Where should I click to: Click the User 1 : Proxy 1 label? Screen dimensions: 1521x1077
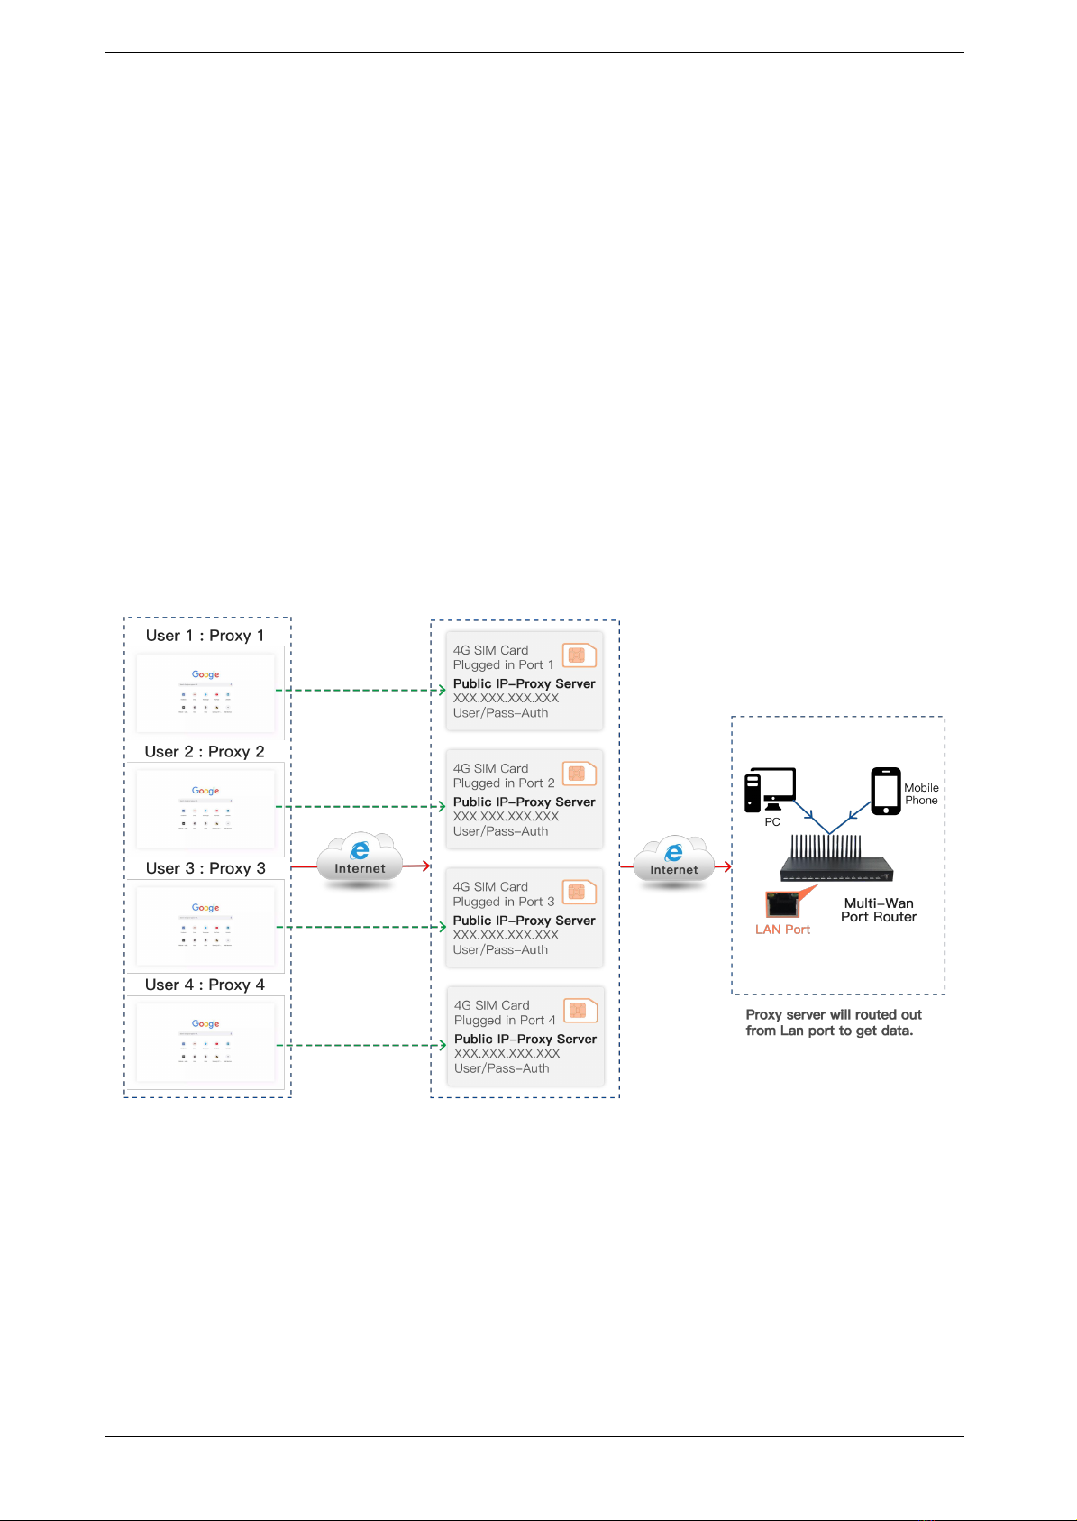(205, 636)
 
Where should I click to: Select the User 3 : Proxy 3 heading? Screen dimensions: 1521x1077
(205, 868)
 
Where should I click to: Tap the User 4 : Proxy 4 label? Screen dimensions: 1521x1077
(205, 985)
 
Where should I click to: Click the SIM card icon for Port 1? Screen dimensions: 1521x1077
(579, 655)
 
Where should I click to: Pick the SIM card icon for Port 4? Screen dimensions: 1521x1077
(580, 1011)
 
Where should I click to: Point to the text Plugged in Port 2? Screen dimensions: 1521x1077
(504, 783)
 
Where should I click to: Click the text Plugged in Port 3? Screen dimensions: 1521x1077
(504, 902)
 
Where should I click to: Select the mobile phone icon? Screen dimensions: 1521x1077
(886, 791)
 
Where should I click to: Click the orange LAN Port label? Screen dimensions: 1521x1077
(782, 930)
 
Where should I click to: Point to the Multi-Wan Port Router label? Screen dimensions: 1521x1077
(879, 910)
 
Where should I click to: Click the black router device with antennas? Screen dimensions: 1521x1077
(836, 860)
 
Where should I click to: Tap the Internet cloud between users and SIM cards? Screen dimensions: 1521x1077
(360, 861)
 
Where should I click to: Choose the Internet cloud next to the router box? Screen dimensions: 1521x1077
(673, 863)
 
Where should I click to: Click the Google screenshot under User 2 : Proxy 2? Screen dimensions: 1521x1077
(205, 808)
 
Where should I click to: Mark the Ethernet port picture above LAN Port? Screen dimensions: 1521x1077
(781, 904)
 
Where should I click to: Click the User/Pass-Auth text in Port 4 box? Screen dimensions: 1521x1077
(502, 1068)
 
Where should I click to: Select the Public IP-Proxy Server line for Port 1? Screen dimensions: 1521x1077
(524, 683)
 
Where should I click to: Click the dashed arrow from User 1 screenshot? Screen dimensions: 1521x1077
(361, 691)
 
